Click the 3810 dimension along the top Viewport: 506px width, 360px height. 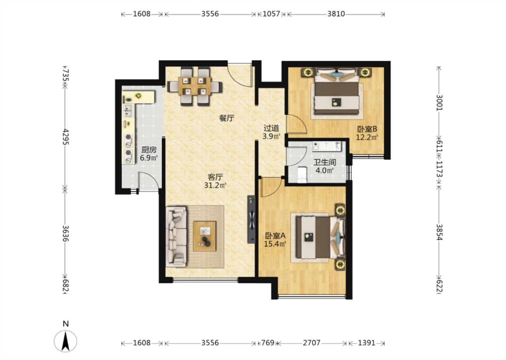[336, 14]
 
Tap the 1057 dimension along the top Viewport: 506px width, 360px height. [272, 14]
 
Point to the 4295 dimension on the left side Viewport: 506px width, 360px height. [66, 137]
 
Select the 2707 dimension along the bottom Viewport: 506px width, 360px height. [311, 343]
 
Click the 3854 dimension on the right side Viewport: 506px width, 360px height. [439, 232]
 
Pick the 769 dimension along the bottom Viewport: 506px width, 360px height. [268, 343]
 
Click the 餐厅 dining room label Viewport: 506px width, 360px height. [227, 118]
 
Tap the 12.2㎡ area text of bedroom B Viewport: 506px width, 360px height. [367, 137]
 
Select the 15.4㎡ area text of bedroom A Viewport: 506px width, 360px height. [275, 244]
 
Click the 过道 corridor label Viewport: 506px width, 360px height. [271, 128]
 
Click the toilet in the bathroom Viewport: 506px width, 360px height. [302, 174]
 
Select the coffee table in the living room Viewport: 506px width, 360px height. [205, 236]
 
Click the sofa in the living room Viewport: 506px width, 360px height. [176, 237]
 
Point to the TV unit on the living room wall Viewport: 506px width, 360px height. [251, 219]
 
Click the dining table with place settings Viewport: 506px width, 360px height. [195, 86]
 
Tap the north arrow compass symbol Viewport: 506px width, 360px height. [65, 341]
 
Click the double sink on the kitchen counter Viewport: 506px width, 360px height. [128, 110]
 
